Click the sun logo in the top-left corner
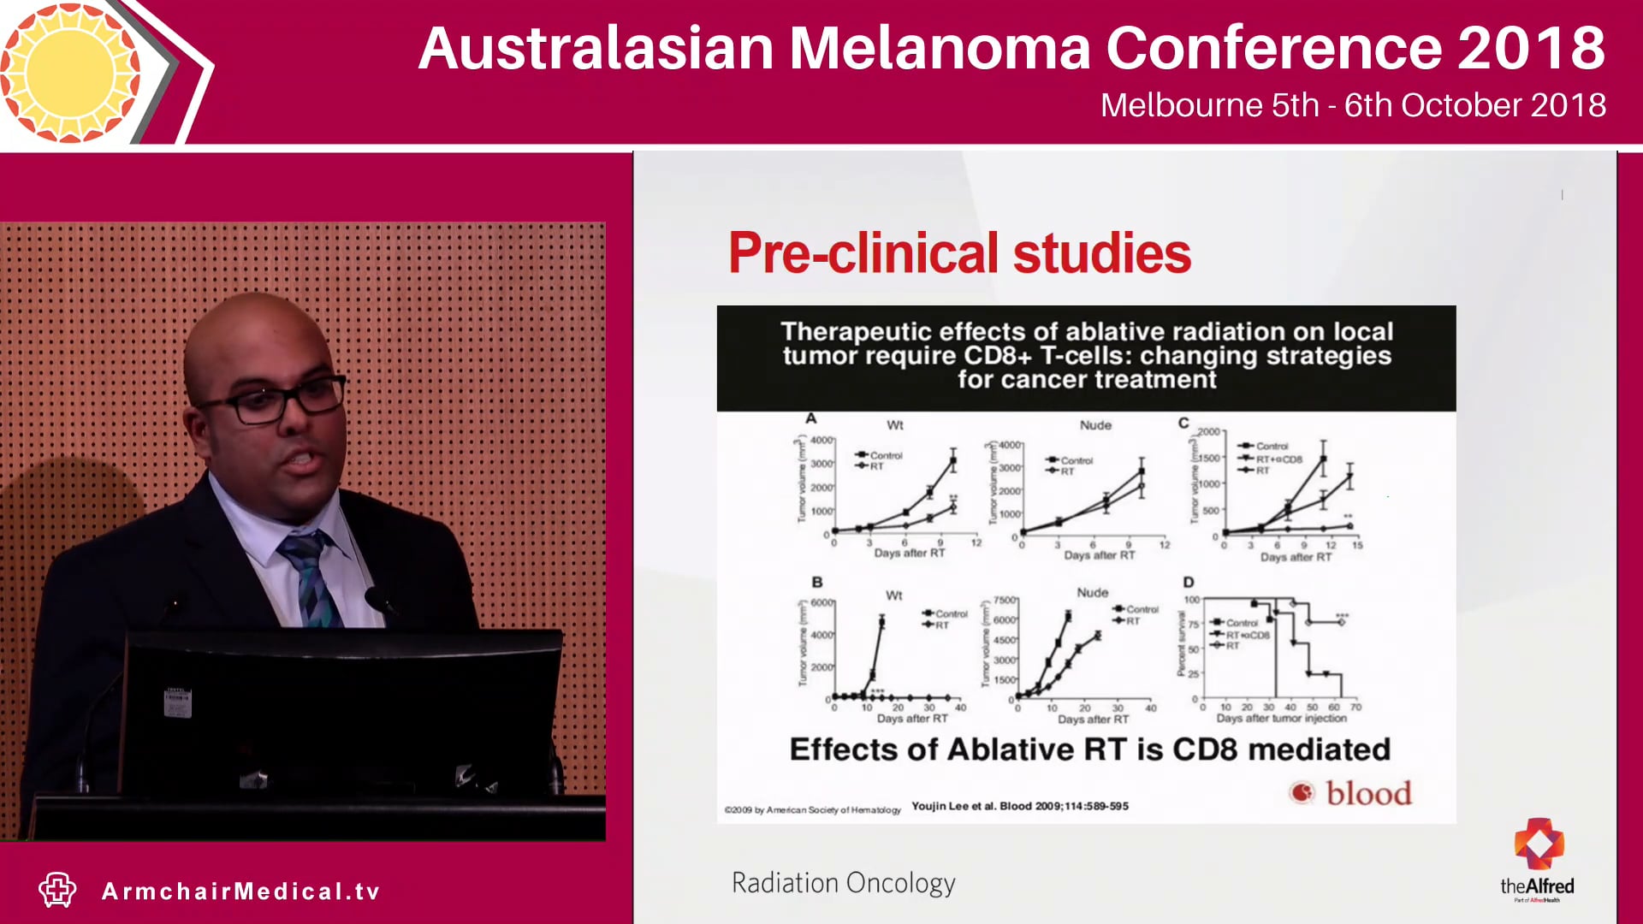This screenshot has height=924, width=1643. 70,72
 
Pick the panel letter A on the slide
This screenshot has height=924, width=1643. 810,418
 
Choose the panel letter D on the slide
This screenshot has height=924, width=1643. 1188,582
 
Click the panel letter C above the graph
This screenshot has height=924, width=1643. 1183,423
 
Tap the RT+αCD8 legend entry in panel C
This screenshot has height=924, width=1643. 1278,459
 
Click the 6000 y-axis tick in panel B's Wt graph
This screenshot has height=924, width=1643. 821,603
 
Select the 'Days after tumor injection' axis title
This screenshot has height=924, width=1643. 1281,719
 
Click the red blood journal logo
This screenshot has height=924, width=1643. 1350,793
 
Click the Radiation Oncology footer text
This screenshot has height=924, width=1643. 843,883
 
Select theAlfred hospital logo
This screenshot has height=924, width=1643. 1537,860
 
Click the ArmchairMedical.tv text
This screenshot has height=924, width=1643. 240,891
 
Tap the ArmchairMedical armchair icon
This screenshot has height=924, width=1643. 57,890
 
